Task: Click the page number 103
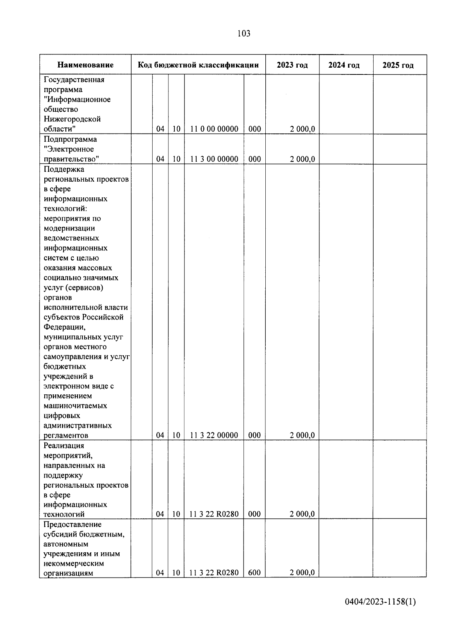244,34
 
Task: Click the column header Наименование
85,65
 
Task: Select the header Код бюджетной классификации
198,65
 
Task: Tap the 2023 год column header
292,65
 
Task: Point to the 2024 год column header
344,65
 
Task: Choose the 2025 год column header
398,65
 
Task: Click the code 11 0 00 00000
214,129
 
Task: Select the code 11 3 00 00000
214,159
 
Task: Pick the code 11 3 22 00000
214,435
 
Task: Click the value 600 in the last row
254,573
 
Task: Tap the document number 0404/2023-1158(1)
380,602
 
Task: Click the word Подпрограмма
70,139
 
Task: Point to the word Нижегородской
72,119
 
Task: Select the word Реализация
64,446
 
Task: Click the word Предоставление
73,524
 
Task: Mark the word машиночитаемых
75,406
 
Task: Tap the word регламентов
66,436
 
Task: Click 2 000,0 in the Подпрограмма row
302,159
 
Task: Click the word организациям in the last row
68,573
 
